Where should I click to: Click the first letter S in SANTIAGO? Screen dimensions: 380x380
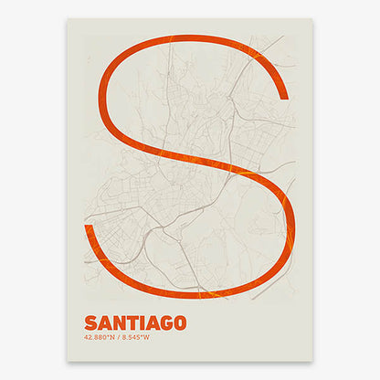pos(90,322)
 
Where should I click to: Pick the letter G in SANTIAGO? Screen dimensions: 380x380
pos(163,322)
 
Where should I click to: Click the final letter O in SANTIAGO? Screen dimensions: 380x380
pos(178,322)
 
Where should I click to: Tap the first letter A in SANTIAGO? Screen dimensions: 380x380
pos(103,322)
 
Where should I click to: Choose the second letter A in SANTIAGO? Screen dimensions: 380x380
pos(149,322)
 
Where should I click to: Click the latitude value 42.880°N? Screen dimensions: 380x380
pos(100,338)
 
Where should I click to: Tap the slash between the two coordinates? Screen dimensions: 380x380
pos(119,338)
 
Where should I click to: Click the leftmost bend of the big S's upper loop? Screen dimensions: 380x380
pos(101,100)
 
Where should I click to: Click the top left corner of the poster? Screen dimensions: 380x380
pos(68,18)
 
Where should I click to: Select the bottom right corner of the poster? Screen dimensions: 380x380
pos(312,360)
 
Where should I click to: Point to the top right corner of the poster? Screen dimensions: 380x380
pos(312,18)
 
